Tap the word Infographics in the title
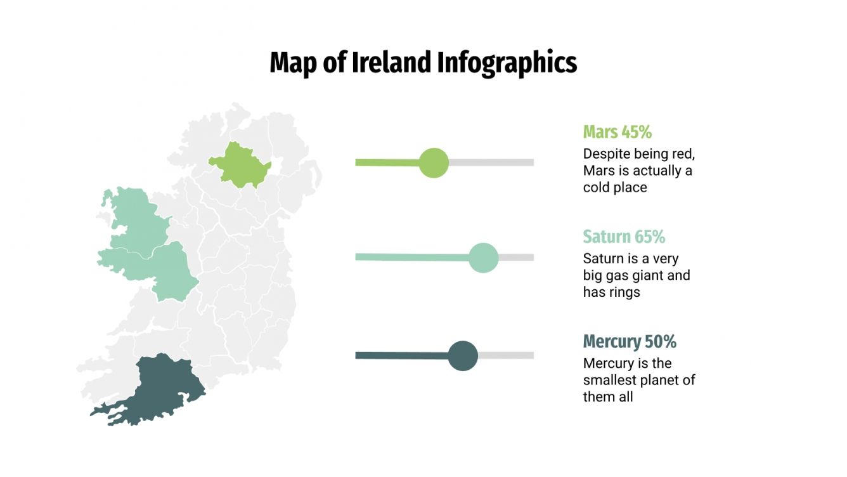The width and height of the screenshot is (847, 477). pyautogui.click(x=507, y=63)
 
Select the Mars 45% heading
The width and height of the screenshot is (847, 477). pyautogui.click(x=617, y=132)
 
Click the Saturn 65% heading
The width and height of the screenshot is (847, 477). pyautogui.click(x=624, y=237)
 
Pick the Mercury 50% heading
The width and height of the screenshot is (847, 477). pyautogui.click(x=630, y=341)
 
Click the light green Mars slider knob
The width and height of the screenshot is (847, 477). pyautogui.click(x=434, y=162)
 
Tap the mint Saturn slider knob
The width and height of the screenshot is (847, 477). pyautogui.click(x=483, y=258)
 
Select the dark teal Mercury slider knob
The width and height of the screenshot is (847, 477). pyautogui.click(x=463, y=355)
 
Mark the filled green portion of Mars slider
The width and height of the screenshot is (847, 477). pyautogui.click(x=387, y=162)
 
